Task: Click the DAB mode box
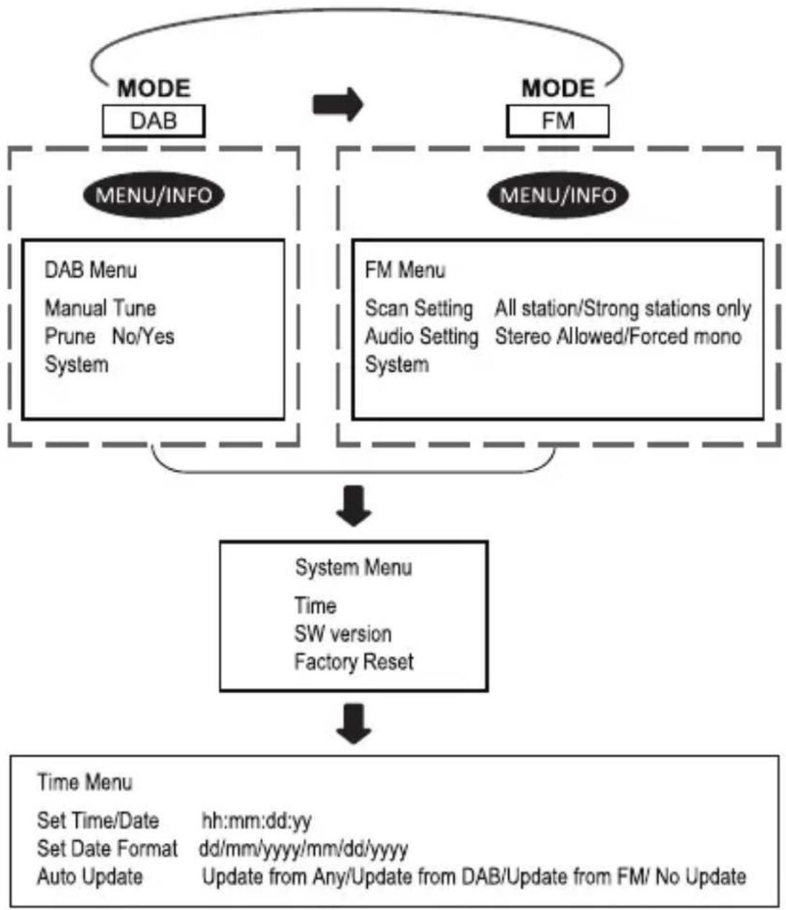tap(154, 120)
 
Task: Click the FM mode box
tap(558, 120)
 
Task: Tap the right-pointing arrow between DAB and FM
tap(338, 105)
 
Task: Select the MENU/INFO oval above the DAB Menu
tap(154, 195)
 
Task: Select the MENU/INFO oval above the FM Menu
tap(558, 195)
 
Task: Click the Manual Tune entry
tap(100, 308)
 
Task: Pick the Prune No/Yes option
tap(110, 337)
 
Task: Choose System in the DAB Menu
tap(76, 365)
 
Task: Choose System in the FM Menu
tap(397, 365)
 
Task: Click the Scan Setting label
tap(419, 309)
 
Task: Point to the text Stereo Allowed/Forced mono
tap(618, 337)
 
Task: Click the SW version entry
tap(343, 634)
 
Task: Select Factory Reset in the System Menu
tap(354, 662)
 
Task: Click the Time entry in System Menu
tap(316, 606)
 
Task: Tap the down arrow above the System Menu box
tap(353, 506)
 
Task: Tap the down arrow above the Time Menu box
tap(353, 724)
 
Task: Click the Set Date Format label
tap(107, 849)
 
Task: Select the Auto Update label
tap(90, 877)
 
